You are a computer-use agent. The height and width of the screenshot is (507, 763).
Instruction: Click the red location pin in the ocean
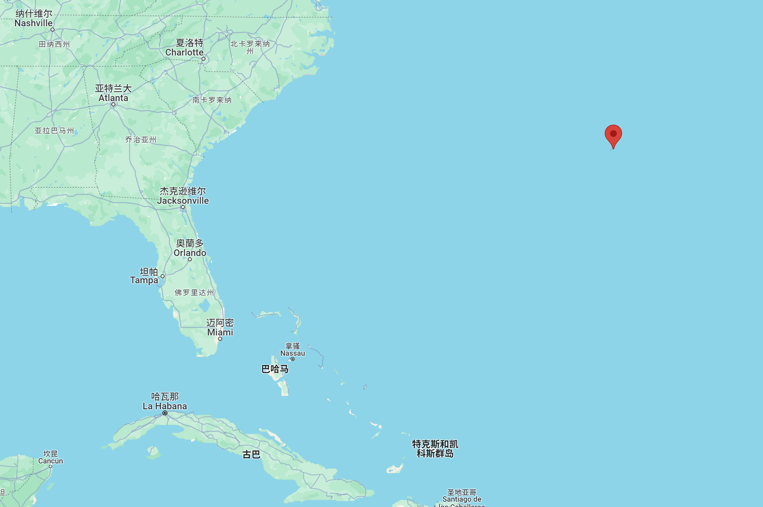coord(613,135)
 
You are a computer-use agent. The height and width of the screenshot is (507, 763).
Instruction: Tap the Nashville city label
coord(34,19)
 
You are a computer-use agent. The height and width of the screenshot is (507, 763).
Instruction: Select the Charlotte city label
coord(185,48)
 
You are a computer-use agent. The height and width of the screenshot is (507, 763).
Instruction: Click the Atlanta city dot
coord(113,104)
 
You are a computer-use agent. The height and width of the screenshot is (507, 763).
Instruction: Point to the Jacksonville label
coord(183,196)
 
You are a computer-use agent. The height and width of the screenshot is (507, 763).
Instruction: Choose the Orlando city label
coord(190,248)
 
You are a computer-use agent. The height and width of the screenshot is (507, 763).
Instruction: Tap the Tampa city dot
coord(163,276)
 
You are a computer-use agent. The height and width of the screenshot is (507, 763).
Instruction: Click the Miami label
coord(220,328)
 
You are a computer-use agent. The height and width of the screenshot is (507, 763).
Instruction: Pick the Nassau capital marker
coord(293,359)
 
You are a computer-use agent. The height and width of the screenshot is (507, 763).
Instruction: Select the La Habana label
coord(165,402)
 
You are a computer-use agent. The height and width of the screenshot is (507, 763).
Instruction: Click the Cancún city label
coord(51,457)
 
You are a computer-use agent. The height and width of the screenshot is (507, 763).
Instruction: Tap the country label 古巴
coord(251,454)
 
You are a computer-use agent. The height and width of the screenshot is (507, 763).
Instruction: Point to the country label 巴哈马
coord(275,369)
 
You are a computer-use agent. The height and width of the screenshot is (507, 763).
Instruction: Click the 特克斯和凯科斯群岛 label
coord(435,449)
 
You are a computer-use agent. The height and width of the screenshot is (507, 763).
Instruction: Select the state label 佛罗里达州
coord(194,293)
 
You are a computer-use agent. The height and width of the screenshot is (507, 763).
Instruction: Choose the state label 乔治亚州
coord(141,140)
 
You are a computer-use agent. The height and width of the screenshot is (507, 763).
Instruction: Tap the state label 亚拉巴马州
coord(55,131)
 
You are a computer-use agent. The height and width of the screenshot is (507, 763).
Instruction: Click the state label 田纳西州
coord(54,44)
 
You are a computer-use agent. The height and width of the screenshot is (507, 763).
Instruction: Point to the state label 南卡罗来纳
coord(212,100)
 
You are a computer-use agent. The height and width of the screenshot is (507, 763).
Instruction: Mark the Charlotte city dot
coord(203,59)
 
